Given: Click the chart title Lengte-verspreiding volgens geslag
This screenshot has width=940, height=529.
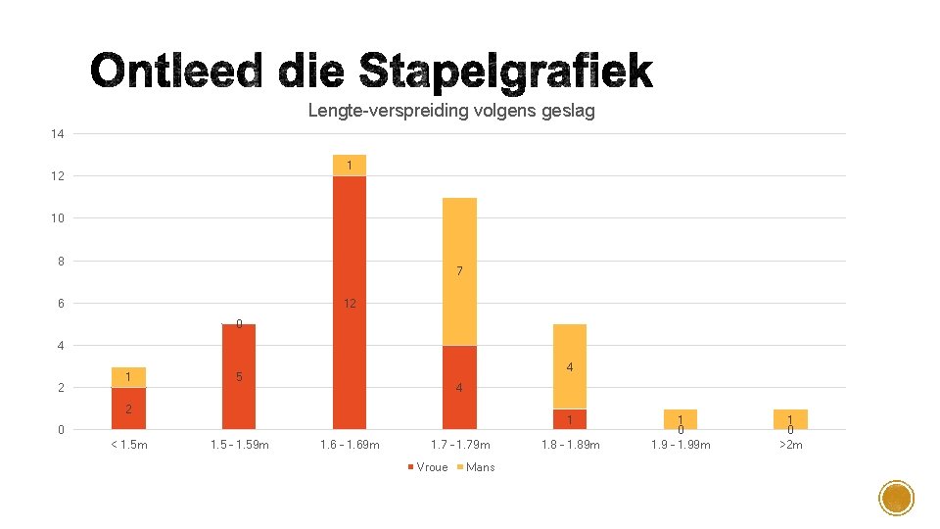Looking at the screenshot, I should pos(450,111).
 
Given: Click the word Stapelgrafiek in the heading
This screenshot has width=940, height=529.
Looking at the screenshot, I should pos(505,72).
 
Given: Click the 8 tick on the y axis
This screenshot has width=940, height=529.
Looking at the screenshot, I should pos(61,262).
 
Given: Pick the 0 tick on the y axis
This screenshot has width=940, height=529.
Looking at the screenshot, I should pos(61,430).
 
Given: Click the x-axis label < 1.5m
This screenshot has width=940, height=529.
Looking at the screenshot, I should pos(128,446).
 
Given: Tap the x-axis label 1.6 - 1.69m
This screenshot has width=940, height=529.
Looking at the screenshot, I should pos(350,446).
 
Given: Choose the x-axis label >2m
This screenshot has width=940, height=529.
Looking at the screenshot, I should pos(790,446).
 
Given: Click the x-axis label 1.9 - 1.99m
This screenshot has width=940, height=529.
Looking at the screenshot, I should pos(681,446).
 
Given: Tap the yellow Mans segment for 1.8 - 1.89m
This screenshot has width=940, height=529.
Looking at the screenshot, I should pos(570,365).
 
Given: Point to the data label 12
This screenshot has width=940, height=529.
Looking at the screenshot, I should pos(350,304).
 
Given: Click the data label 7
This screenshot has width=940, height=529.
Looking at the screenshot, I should pos(459,271).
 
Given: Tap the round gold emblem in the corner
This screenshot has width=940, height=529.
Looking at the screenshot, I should pos(896,499).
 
